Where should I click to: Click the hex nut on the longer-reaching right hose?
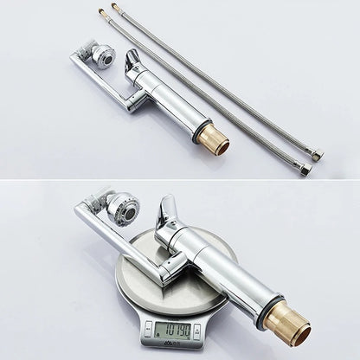(317, 156)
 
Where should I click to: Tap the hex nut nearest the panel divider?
(305, 168)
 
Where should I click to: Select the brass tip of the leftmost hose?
(102, 10)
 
